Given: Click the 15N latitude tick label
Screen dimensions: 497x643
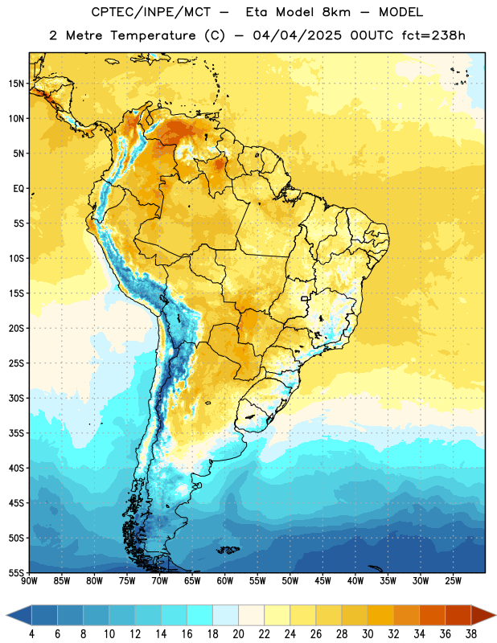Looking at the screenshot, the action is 16,84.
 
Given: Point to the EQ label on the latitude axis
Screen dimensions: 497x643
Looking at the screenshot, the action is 18,189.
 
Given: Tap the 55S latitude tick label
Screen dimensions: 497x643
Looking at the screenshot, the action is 16,572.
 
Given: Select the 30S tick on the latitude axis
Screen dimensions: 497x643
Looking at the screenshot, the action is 16,398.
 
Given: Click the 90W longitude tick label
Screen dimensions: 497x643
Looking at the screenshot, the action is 29,580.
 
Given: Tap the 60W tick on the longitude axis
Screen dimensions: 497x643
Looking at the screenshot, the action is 225,580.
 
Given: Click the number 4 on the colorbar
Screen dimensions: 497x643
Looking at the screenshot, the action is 31,634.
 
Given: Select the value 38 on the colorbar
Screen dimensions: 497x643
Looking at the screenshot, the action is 471,634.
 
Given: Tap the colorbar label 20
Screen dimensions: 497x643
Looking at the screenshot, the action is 238,634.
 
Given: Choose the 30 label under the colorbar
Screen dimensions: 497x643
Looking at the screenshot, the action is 368,634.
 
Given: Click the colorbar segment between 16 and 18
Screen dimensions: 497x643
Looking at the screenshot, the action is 200,615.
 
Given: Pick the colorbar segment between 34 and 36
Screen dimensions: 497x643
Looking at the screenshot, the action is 432,615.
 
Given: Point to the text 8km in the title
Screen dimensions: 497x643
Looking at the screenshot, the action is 336,12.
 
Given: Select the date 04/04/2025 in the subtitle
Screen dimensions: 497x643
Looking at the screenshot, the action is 297,35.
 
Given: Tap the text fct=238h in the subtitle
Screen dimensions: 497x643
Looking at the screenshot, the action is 433,35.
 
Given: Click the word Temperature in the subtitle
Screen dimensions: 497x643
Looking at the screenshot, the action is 153,36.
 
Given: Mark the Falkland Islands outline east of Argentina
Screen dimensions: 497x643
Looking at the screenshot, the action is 228,550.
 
